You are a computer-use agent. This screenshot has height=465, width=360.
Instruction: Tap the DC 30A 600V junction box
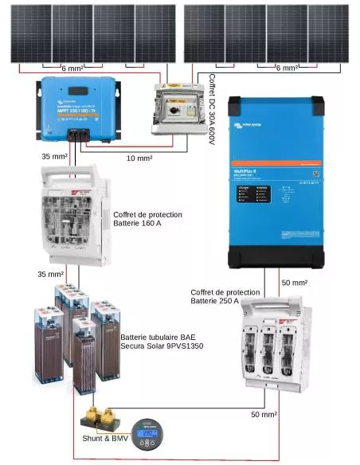(x=178, y=112)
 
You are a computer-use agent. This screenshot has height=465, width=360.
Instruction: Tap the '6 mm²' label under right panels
(x=286, y=68)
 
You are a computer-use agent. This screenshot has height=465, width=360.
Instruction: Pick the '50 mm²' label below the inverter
(x=294, y=283)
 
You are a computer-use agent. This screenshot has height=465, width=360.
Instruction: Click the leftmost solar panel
(x=28, y=31)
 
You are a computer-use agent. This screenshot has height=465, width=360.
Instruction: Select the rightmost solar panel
(x=328, y=32)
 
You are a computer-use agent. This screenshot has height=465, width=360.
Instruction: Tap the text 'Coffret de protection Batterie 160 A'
(x=148, y=220)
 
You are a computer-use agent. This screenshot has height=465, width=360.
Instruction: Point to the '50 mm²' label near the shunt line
(x=264, y=416)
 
